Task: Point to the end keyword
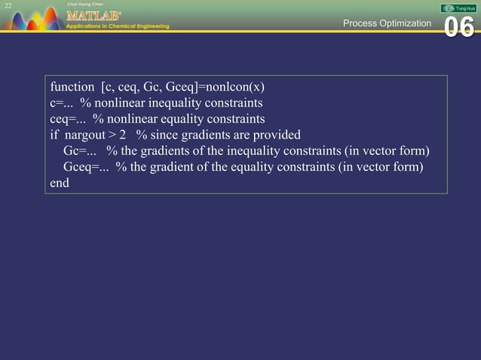59,183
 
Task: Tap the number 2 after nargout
122,135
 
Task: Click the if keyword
54,135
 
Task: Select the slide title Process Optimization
387,23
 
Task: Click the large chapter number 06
458,27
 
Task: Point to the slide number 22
8,6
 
